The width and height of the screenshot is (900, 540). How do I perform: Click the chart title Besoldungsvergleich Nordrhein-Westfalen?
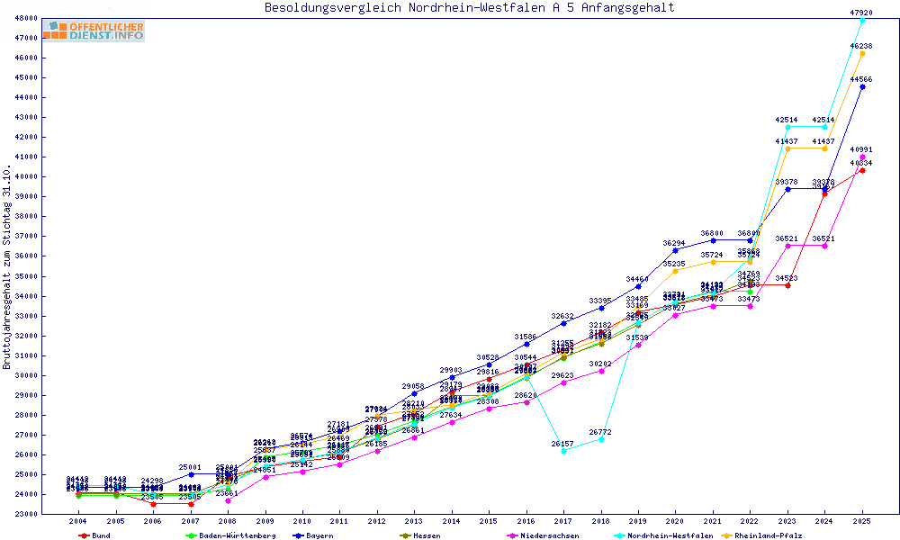469,8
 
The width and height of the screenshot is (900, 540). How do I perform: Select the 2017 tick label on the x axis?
563,521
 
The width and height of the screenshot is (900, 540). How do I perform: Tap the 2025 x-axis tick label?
862,521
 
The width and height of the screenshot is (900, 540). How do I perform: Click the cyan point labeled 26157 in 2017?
563,451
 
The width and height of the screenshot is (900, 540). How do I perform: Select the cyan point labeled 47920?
862,20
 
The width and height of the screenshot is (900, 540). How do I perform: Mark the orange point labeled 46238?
862,53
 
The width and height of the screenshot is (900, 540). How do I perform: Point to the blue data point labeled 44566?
862,86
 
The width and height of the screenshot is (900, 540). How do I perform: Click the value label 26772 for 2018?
601,432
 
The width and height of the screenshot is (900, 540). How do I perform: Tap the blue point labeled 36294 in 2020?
676,250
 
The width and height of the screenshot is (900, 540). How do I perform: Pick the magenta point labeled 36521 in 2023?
787,246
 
